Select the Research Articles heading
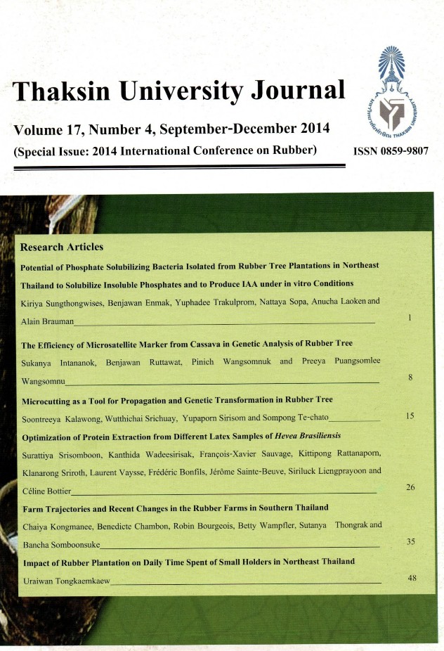click(62, 247)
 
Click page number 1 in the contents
click(410, 318)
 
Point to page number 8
click(410, 378)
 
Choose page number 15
click(411, 416)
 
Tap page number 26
click(411, 487)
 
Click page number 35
click(411, 541)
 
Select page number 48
click(412, 577)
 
